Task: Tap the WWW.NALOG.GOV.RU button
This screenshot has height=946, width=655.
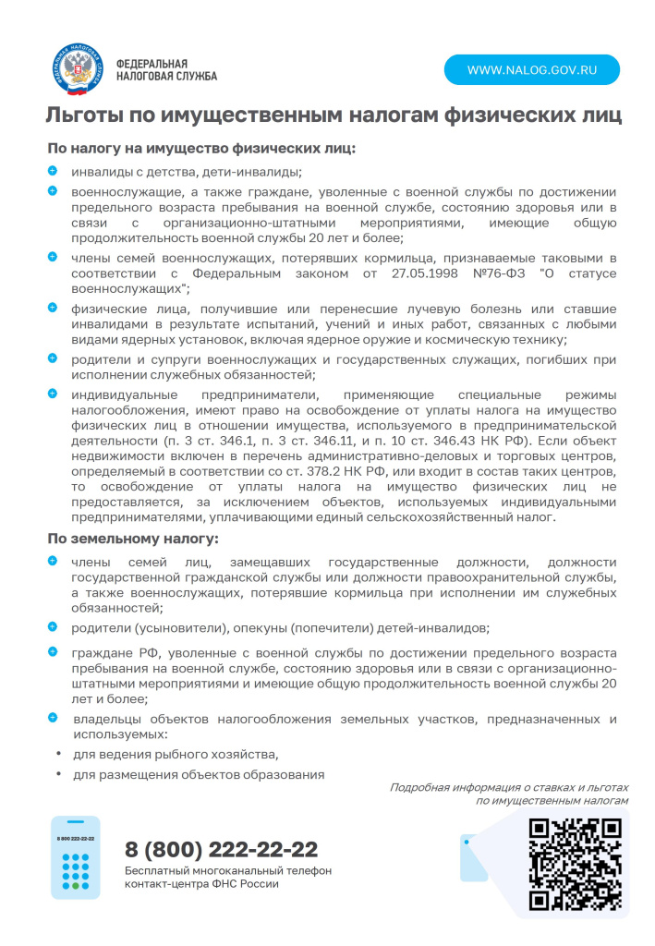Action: [x=531, y=70]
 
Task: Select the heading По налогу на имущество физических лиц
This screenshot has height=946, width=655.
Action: [x=201, y=148]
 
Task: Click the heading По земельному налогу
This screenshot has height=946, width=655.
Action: [x=133, y=538]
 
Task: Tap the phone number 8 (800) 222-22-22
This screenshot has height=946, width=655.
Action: [x=222, y=849]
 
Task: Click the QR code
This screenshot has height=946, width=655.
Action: [x=575, y=865]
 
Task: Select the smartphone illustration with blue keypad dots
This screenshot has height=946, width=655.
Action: [x=76, y=857]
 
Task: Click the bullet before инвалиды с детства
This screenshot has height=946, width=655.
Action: [x=53, y=171]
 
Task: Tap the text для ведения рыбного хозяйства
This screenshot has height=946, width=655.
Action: [x=176, y=754]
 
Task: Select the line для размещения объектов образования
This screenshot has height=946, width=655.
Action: [x=199, y=774]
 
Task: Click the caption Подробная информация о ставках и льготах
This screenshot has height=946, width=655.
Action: [x=508, y=787]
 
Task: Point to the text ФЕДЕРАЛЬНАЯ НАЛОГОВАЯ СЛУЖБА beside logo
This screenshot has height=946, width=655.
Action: [x=166, y=70]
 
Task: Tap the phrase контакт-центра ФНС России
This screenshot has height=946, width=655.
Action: [x=201, y=884]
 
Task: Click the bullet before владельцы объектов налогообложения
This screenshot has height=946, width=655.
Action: [x=53, y=717]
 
